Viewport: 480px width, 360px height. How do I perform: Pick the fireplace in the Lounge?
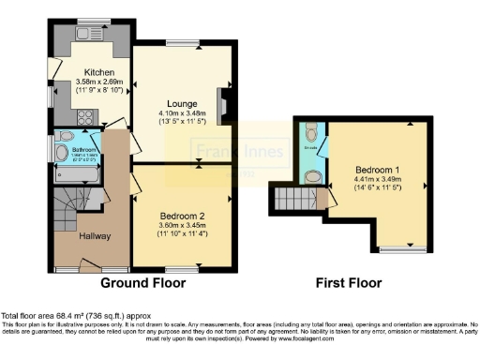tap(221, 105)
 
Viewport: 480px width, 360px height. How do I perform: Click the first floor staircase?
tap(292, 199)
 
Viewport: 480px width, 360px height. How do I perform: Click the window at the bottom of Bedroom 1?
tap(395, 250)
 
